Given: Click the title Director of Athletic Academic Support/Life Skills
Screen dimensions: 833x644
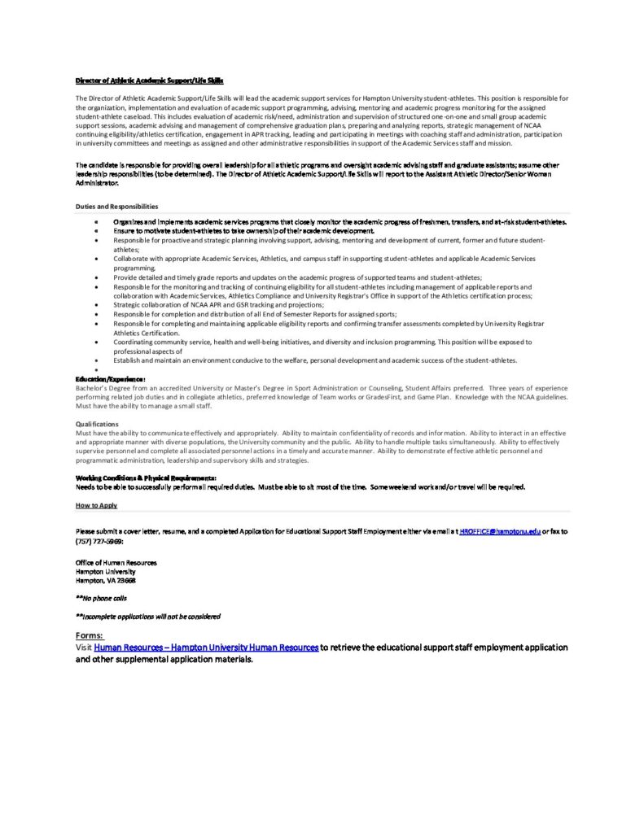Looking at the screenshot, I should [149, 81].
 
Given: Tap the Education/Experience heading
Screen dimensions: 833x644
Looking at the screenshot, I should [111, 379].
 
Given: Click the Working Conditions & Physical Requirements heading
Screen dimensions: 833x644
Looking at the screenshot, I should [146, 477].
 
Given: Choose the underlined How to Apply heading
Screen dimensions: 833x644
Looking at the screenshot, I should [97, 505].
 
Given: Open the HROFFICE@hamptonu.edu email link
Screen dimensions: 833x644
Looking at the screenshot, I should [500, 530].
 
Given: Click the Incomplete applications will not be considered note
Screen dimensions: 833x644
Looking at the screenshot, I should [147, 616].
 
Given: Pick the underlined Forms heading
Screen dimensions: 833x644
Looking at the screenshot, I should [89, 635].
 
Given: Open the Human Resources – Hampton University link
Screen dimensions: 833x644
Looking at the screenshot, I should [206, 647].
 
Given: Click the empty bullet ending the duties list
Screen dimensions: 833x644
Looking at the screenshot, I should [97, 370].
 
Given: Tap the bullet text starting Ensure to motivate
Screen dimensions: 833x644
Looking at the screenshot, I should [243, 231].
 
